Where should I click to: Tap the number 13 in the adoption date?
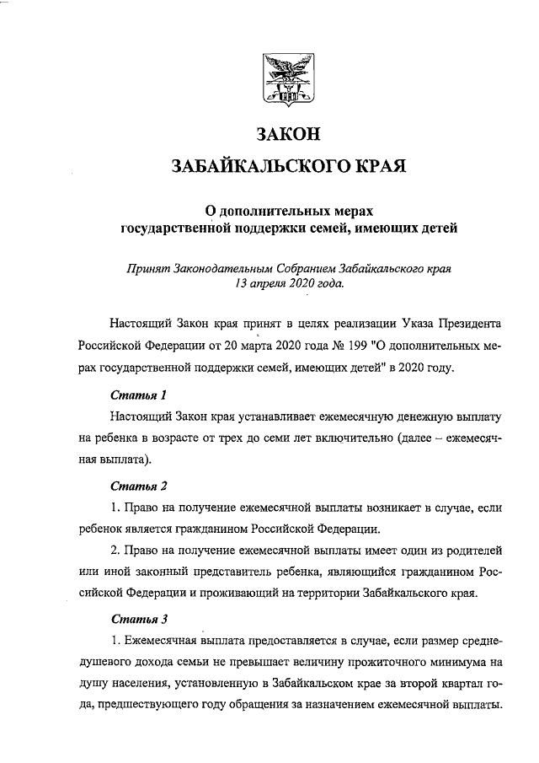243,285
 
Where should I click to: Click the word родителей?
475,551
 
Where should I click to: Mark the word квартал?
437,683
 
